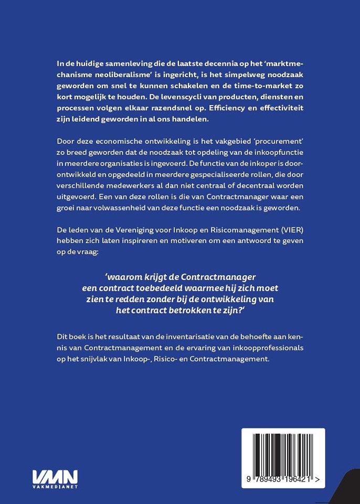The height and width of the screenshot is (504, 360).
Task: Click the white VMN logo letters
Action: tap(55, 477)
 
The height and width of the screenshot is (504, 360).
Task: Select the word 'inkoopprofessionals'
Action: tap(264, 348)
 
